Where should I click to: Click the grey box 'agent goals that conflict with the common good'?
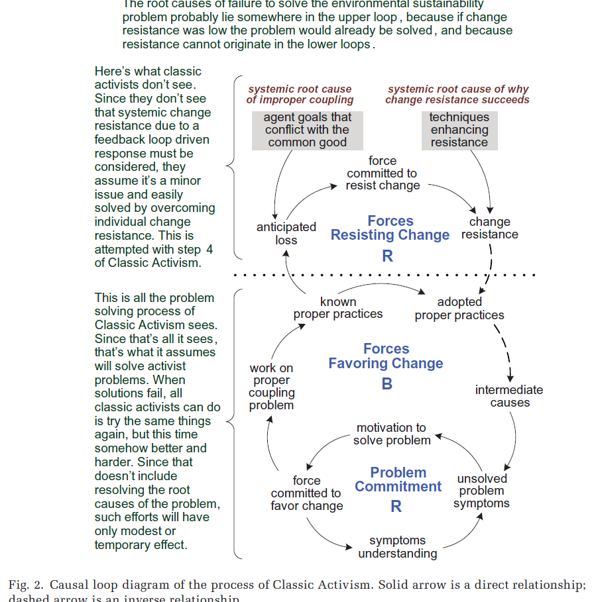(307, 130)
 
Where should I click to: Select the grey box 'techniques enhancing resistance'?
(459, 130)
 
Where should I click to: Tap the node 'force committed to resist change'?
(383, 174)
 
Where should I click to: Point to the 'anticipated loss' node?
(286, 233)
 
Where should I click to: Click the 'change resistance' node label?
(490, 228)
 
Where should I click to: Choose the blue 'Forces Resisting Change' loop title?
(390, 228)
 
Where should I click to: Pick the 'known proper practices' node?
(338, 308)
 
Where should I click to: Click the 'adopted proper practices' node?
(459, 309)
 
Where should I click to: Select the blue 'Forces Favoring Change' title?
(386, 356)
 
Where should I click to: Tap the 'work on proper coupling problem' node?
(271, 387)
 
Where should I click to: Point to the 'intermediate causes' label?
(509, 396)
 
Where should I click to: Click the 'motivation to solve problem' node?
(391, 434)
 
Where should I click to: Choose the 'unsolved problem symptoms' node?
(482, 491)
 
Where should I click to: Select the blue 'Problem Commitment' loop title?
(398, 479)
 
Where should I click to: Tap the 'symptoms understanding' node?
(398, 547)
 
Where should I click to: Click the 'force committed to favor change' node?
(306, 493)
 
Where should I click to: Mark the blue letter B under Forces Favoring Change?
(387, 384)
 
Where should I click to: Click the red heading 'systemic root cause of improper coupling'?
(300, 95)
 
